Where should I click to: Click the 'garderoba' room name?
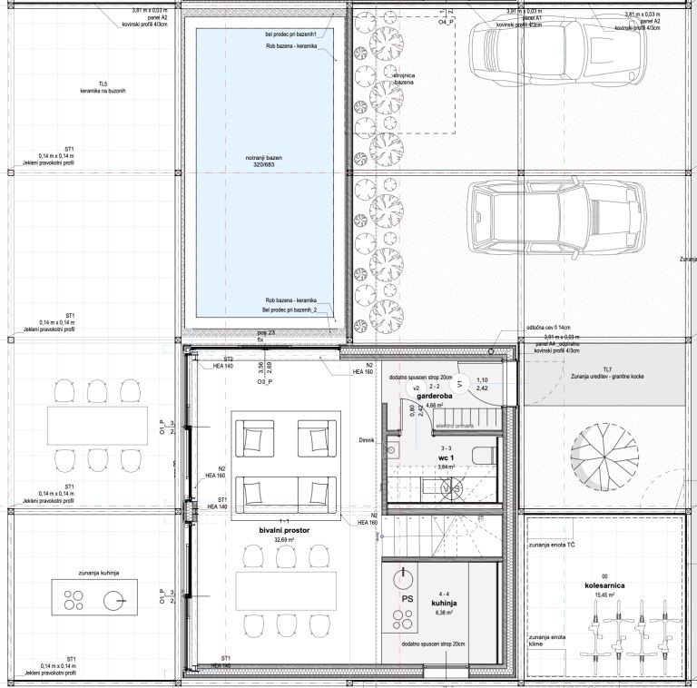(435, 398)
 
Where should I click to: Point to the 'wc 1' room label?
(446, 458)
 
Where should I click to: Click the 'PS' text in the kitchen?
(408, 600)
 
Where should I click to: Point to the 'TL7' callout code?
(607, 369)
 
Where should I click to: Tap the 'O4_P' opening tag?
(445, 19)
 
